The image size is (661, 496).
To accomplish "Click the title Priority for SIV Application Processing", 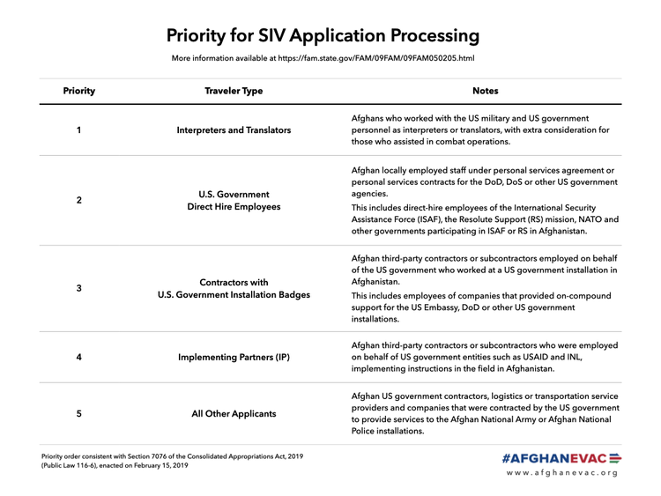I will [323, 36].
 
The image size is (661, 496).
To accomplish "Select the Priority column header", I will [79, 91].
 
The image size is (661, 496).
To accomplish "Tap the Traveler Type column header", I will [234, 91].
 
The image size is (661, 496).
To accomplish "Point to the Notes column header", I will [486, 91].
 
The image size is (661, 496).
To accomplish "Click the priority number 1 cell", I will [79, 130].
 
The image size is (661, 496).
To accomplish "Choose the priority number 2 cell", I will [79, 200].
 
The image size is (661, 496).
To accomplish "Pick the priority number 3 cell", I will [79, 288].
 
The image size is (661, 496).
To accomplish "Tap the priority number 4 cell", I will [79, 357].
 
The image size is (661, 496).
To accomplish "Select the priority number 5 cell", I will [79, 413].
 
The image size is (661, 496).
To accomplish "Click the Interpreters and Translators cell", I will [234, 130].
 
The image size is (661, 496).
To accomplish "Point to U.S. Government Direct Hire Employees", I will [234, 200].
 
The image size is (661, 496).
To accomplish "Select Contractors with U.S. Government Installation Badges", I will [234, 288].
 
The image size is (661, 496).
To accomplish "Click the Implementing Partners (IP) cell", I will [234, 357].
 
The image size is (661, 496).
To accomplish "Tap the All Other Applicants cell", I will [234, 413].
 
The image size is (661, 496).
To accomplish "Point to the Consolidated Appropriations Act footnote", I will [173, 461].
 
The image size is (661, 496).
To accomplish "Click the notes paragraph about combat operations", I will [480, 130].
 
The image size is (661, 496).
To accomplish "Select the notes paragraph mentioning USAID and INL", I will [484, 357].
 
